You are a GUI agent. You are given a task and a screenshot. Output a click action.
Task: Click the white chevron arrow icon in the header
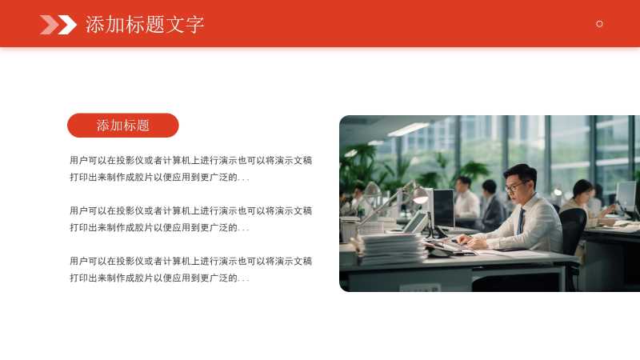coord(67,25)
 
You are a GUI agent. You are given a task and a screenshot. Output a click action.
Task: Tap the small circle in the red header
coord(599,24)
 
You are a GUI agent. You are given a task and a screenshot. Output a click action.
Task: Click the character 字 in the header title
coord(194,25)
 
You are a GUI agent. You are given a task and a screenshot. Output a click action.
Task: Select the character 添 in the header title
coord(94,25)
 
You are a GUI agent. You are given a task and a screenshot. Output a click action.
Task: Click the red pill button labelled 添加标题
coord(123,126)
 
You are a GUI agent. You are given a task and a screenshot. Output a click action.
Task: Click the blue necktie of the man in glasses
coord(521,221)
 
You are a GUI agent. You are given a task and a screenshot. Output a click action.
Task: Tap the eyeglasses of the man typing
coord(514,187)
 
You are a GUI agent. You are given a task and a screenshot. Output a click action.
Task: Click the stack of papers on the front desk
coord(393,249)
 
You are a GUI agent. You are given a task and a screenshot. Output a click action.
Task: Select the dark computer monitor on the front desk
coord(443,209)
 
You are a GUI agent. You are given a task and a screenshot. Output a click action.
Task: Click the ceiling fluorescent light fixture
coord(409,130)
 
